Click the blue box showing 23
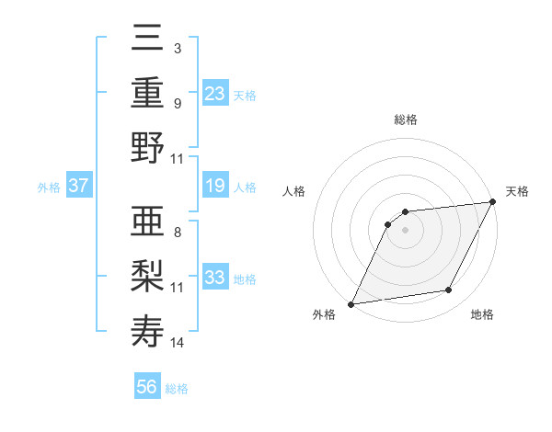pyautogui.click(x=215, y=93)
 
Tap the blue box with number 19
pyautogui.click(x=215, y=187)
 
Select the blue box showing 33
pyautogui.click(x=215, y=279)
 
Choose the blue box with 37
pyautogui.click(x=79, y=187)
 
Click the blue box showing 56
pyautogui.click(x=147, y=387)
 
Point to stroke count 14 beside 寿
pyautogui.click(x=178, y=343)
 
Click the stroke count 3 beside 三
pyautogui.click(x=177, y=47)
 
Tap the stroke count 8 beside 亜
pyautogui.click(x=177, y=233)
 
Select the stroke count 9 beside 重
pyautogui.click(x=177, y=103)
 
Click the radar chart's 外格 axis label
pyautogui.click(x=324, y=315)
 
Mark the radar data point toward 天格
pyautogui.click(x=494, y=201)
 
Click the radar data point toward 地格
pyautogui.click(x=449, y=290)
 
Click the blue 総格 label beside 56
pyautogui.click(x=177, y=389)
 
